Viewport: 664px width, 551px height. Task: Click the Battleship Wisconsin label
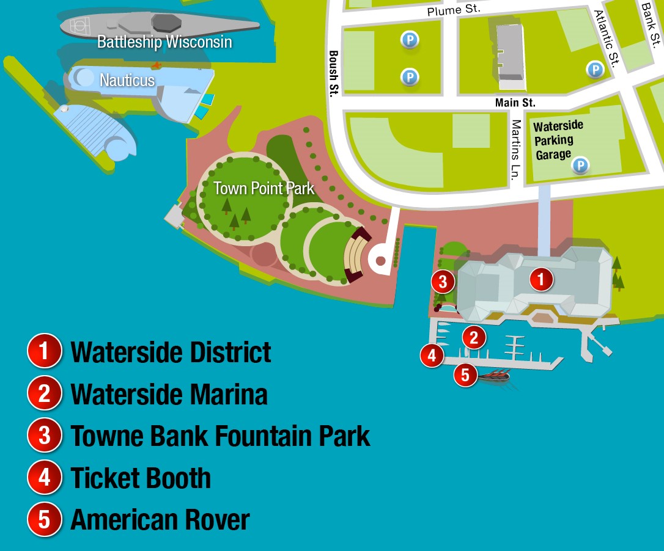coord(164,42)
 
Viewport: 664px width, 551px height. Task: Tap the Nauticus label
coord(127,80)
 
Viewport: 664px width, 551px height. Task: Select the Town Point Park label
coord(264,188)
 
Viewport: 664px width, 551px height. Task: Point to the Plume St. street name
coord(454,9)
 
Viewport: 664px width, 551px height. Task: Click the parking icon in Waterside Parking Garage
coord(580,165)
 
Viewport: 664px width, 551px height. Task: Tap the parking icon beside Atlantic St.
coord(594,70)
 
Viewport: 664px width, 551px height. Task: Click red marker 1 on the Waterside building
coord(540,280)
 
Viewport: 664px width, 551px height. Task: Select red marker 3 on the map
coord(443,282)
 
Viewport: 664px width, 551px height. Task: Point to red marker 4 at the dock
coord(432,355)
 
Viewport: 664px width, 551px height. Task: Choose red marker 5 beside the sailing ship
coord(465,374)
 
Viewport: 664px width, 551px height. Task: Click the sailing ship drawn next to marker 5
coord(493,376)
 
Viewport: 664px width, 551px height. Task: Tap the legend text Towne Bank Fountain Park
coord(220,436)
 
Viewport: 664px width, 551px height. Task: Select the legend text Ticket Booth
coord(141,478)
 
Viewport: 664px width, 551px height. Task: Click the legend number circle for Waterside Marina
coord(45,393)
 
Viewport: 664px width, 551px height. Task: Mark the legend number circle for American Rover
coord(45,519)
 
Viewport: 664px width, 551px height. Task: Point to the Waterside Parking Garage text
coord(558,140)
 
